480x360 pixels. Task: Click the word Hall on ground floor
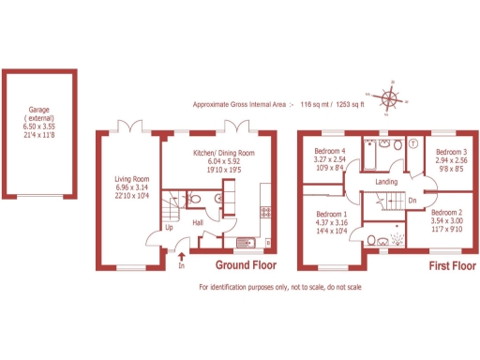[200, 222]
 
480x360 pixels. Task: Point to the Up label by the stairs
[169, 227]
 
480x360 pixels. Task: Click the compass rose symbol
[390, 97]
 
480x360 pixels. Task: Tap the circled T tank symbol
[412, 144]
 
